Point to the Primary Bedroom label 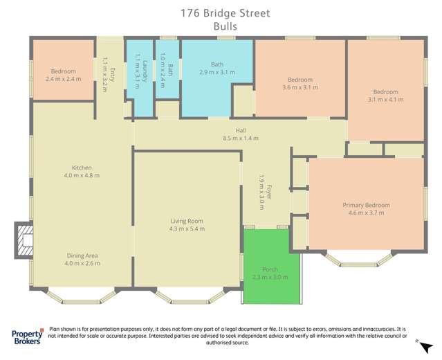(x=366, y=208)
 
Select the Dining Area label (x=82, y=259)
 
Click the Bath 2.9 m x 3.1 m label (x=217, y=68)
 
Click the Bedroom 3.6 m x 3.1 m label (x=300, y=84)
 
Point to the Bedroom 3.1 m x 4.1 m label (x=385, y=96)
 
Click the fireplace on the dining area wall (x=24, y=240)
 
